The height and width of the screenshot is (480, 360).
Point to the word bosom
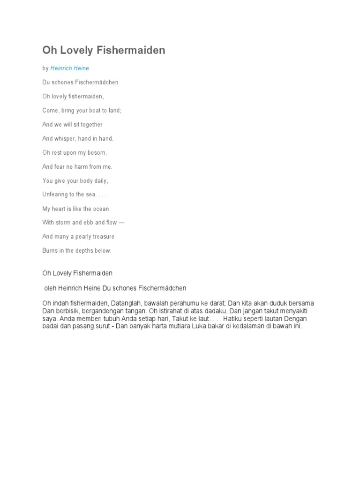(x=97, y=153)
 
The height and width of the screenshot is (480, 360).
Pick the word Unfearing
(x=57, y=195)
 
